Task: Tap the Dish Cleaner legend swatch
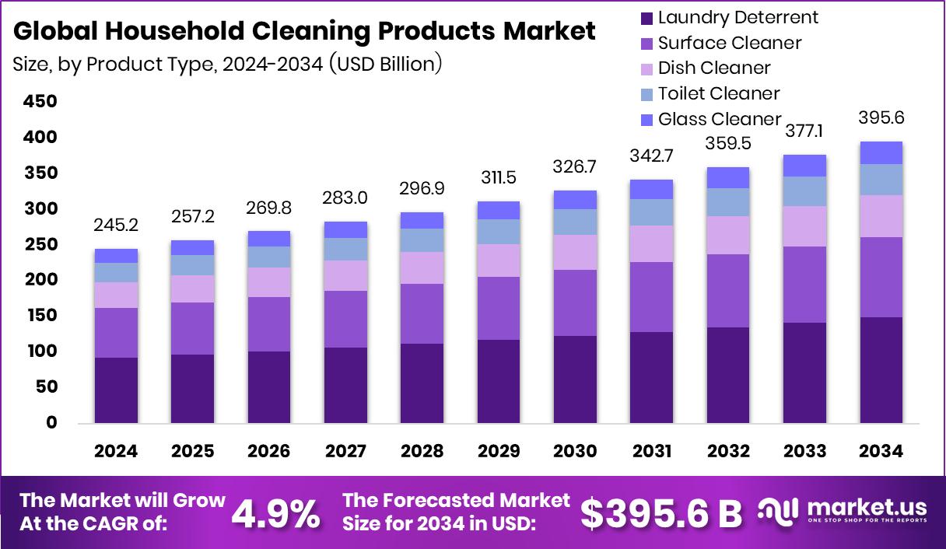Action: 646,68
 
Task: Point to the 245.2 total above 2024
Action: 116,225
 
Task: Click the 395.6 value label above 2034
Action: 881,118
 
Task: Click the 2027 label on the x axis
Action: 345,451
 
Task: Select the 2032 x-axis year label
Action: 728,451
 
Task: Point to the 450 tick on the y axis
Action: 40,102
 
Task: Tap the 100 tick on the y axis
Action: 40,351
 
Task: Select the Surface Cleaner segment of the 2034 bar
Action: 881,277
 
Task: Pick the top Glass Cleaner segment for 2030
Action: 575,200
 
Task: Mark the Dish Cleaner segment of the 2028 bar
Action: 422,268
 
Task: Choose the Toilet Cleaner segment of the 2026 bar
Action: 268,257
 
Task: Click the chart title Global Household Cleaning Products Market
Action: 304,31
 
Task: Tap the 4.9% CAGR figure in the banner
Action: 276,513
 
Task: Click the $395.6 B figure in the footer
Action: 661,513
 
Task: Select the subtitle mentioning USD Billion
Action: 227,64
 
